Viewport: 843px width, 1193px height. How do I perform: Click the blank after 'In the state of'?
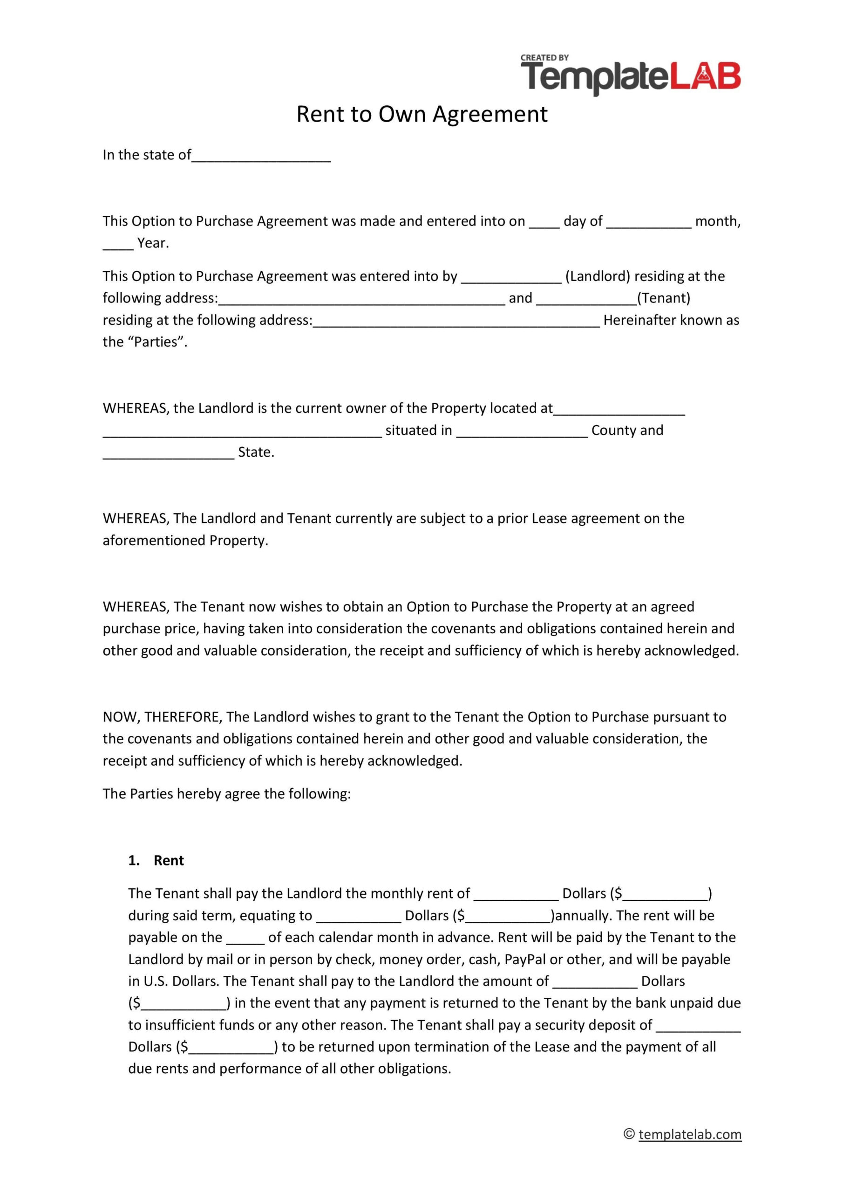click(x=261, y=156)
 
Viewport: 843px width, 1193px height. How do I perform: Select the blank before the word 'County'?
click(x=522, y=431)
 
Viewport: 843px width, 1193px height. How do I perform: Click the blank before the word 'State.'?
click(x=168, y=453)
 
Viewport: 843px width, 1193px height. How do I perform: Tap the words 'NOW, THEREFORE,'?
click(x=163, y=717)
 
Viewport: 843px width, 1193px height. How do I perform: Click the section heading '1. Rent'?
click(x=156, y=860)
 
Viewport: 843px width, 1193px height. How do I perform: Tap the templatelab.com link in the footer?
click(x=690, y=1134)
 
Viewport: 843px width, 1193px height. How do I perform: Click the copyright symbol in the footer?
click(x=629, y=1134)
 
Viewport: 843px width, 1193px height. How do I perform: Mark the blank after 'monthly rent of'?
click(x=516, y=894)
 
